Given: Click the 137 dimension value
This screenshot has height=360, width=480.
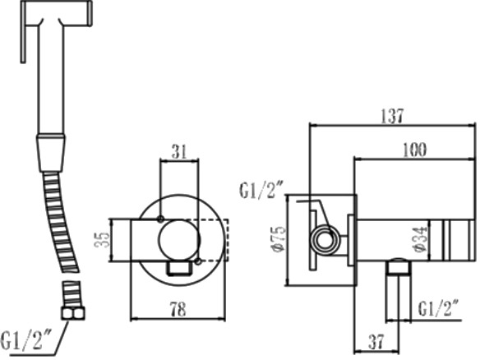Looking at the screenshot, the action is pyautogui.click(x=392, y=116).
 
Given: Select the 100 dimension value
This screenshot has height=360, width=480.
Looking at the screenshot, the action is pyautogui.click(x=414, y=150).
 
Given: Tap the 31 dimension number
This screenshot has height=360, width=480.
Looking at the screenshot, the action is pyautogui.click(x=179, y=152).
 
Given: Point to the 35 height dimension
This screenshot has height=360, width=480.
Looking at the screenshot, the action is pyautogui.click(x=103, y=240).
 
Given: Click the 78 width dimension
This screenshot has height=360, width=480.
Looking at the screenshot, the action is pyautogui.click(x=179, y=309).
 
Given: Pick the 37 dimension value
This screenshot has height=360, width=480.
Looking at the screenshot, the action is pyautogui.click(x=376, y=342).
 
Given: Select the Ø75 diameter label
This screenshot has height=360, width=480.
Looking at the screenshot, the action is pyautogui.click(x=279, y=240).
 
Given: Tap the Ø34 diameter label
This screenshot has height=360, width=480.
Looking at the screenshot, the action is pyautogui.click(x=421, y=240).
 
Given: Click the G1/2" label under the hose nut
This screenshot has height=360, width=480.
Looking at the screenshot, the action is pyautogui.click(x=26, y=339).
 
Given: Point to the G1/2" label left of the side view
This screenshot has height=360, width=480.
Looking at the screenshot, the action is pyautogui.click(x=261, y=190).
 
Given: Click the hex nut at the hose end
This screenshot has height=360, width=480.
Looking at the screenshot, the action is pyautogui.click(x=73, y=313).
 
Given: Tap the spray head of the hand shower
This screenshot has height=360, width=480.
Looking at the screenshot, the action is pyautogui.click(x=56, y=13).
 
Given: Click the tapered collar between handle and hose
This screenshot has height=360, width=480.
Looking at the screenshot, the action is pyautogui.click(x=51, y=153).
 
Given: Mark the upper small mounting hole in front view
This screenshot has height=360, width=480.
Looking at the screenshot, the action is pyautogui.click(x=160, y=219).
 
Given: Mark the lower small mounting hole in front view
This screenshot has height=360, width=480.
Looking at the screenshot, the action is pyautogui.click(x=198, y=261).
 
